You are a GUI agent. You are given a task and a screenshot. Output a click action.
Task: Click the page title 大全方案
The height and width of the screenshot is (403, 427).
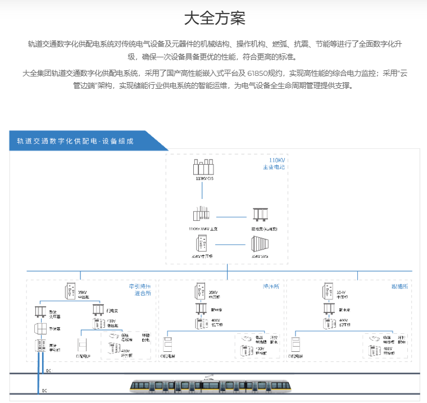coord(214,18)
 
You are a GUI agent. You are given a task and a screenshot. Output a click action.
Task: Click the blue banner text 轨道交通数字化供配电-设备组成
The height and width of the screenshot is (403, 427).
coord(75,141)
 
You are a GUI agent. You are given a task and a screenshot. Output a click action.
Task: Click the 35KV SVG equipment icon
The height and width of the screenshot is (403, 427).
coord(260,244)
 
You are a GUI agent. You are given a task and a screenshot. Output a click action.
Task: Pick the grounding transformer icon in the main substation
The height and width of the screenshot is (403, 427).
coord(260,215)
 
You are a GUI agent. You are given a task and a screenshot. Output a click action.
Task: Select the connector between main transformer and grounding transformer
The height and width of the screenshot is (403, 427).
coord(231,216)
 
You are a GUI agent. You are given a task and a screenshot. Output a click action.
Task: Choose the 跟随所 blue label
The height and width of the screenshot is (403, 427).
coord(399,286)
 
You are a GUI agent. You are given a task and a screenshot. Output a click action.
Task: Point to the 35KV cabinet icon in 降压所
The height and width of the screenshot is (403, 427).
coord(200,290)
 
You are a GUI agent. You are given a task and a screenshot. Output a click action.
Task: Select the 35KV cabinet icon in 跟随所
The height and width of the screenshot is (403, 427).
coord(328,290)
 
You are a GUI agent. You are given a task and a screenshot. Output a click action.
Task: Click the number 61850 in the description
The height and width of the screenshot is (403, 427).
coord(257,73)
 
